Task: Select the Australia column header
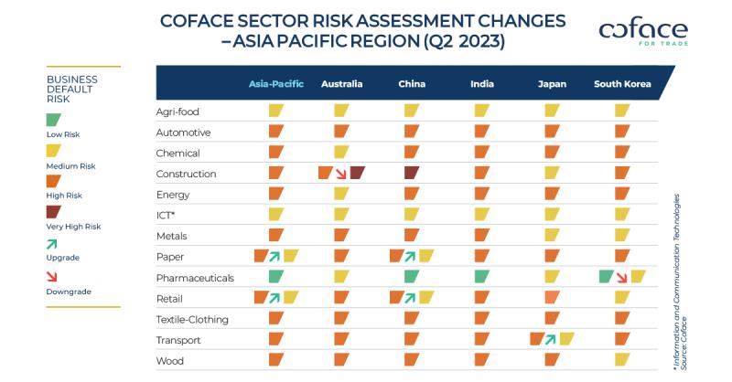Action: tap(341, 84)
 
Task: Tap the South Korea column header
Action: tap(622, 84)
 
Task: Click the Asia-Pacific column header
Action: tap(276, 84)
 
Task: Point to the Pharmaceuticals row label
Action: tap(196, 277)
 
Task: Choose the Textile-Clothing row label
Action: tap(192, 319)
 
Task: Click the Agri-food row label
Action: tap(178, 111)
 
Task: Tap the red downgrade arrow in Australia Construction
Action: tap(340, 173)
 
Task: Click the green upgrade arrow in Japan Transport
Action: tap(552, 339)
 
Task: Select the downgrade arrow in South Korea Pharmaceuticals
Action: tap(622, 277)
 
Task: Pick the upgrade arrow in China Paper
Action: tap(412, 256)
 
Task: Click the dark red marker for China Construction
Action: tap(411, 173)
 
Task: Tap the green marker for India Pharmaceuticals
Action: tap(481, 277)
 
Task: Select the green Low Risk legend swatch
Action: tap(54, 120)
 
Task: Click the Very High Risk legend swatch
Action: tap(54, 211)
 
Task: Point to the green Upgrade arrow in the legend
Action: tap(53, 243)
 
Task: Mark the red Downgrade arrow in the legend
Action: tap(53, 276)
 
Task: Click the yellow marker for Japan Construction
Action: tap(552, 173)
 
